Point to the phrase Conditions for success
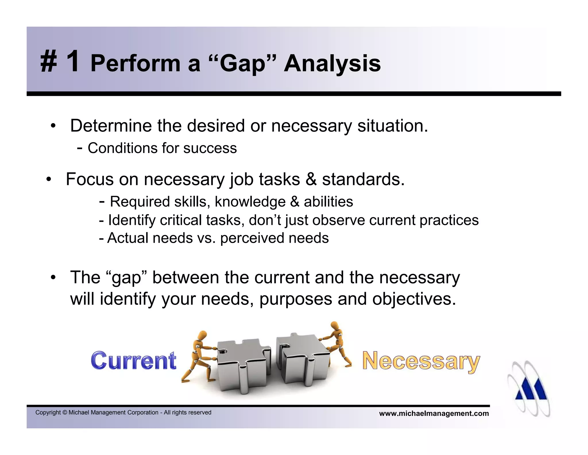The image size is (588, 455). click(x=162, y=148)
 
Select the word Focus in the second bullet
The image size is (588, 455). click(x=90, y=179)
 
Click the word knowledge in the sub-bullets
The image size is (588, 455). click(x=250, y=202)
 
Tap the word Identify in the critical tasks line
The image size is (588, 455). click(x=132, y=220)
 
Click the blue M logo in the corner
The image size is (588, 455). click(x=530, y=388)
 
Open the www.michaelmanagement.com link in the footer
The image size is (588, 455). click(x=434, y=414)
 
